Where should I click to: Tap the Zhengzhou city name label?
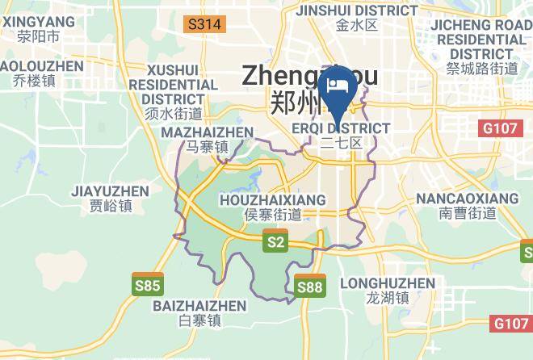pos(310,76)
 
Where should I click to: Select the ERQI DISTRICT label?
pos(340,128)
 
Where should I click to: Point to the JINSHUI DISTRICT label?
pos(357,10)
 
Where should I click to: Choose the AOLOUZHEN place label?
pos(40,65)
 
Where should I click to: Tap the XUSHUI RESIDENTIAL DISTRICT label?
pos(173,84)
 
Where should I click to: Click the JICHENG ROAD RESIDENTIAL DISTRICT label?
pos(481,39)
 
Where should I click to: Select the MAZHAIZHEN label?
pos(208,132)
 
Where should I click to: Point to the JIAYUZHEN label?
pos(111,191)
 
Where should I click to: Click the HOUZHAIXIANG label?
pos(273,199)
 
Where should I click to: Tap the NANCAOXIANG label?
pos(468,198)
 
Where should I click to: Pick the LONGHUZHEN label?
pos(388,283)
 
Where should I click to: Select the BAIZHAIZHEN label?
pos(199,306)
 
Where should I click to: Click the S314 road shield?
pos(204,24)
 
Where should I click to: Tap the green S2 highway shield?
pos(276,240)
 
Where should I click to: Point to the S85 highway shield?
pos(148,284)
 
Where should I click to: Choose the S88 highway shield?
pos(310,287)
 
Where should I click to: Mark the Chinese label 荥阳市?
pos(37,36)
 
